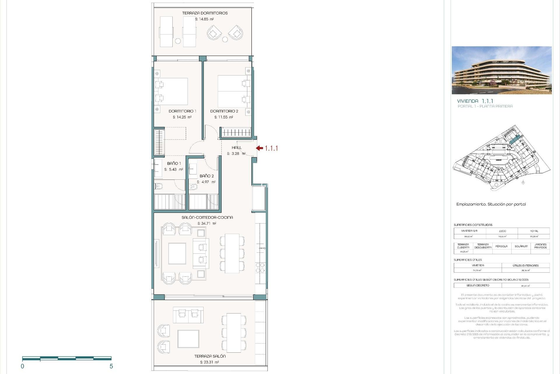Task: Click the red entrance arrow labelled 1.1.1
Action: (260, 148)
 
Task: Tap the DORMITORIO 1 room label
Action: (182, 111)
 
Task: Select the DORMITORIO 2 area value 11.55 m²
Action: (224, 117)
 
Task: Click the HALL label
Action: (237, 148)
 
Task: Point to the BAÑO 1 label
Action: (174, 163)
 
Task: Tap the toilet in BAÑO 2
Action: (193, 187)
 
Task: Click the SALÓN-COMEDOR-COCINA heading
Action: (207, 217)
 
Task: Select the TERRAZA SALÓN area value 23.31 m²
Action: (209, 362)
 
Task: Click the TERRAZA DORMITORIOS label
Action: (205, 13)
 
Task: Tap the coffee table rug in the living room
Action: (177, 253)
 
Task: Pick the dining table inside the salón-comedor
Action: (232, 253)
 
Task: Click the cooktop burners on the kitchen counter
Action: (260, 268)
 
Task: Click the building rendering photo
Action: (501, 70)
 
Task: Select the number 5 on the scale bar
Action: (111, 366)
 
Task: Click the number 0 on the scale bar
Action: (22, 366)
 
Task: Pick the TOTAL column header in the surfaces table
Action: (534, 231)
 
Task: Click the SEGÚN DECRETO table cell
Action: (477, 285)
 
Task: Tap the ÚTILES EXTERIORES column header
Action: (525, 266)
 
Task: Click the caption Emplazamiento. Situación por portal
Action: (491, 204)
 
